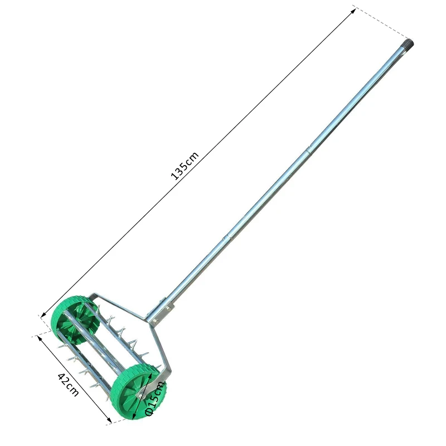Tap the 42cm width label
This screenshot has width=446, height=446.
68,384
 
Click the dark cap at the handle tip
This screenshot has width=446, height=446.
409,43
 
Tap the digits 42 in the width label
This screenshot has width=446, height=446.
64,379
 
